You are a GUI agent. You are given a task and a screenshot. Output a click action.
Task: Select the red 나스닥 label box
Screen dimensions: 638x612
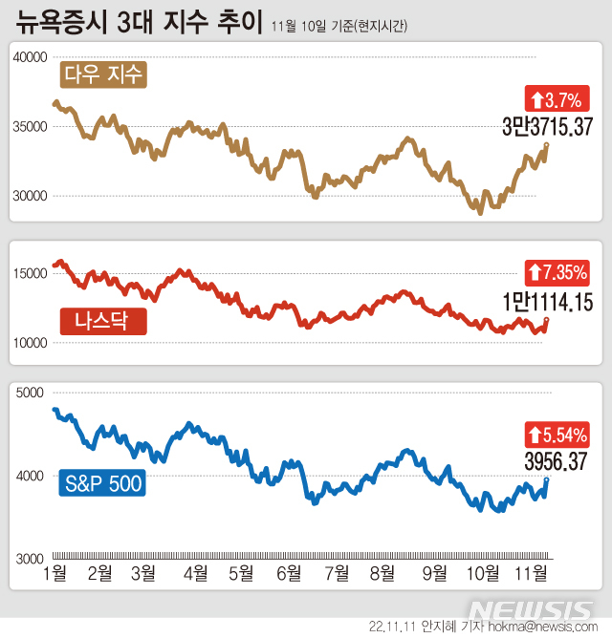click(x=103, y=321)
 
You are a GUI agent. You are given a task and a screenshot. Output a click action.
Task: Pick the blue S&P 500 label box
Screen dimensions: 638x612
click(x=102, y=483)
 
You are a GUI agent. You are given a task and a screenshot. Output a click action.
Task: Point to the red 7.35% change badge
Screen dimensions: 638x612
click(x=557, y=273)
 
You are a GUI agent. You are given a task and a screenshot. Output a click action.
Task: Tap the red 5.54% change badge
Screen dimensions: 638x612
click(x=557, y=436)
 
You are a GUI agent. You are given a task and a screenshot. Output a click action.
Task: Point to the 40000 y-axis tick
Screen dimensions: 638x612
click(x=31, y=57)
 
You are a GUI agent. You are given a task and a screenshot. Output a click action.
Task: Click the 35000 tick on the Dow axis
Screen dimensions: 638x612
click(x=31, y=126)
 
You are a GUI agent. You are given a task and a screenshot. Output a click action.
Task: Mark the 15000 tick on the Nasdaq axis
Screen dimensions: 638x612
click(x=31, y=273)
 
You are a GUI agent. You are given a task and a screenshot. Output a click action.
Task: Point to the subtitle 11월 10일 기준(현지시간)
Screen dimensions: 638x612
click(x=339, y=26)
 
